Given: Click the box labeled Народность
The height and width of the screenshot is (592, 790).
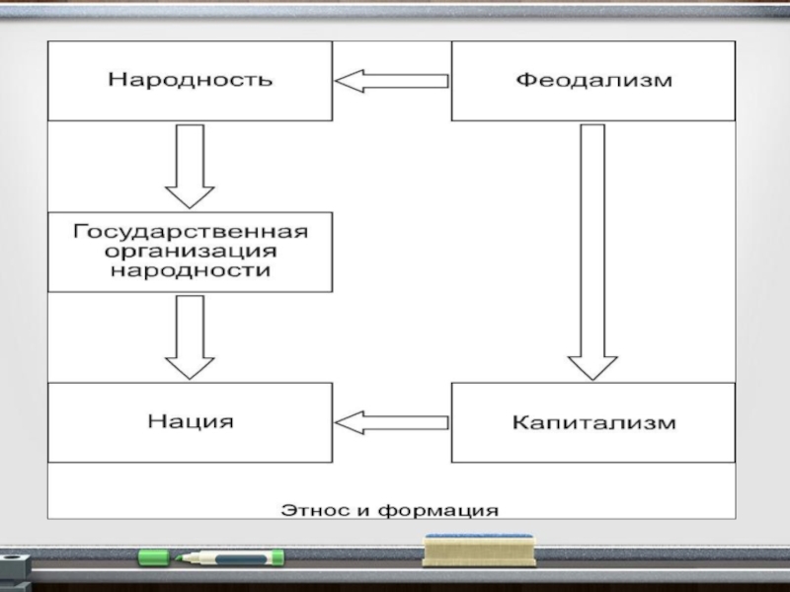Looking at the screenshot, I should coord(190,81).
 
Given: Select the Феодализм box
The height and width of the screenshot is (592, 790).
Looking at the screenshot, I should coord(592,81).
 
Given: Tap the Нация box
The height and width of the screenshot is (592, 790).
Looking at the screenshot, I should coord(190,422).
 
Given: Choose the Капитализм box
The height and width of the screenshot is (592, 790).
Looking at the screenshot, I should coord(592,422).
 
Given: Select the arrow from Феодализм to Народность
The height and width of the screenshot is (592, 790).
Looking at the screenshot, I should coord(392,81).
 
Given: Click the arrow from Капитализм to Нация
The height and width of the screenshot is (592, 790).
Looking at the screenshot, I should coord(392,422).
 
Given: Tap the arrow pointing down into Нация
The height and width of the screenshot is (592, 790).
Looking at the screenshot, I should coord(190,336).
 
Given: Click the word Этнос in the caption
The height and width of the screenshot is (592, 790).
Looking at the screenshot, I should coord(313,510).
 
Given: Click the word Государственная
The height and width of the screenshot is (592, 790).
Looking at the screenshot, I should coord(190,232).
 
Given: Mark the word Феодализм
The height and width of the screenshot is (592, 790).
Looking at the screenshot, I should coord(593,81).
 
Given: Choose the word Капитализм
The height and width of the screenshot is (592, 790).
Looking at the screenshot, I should coord(593,422).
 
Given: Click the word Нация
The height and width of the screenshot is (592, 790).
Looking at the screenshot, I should coord(191,422).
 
